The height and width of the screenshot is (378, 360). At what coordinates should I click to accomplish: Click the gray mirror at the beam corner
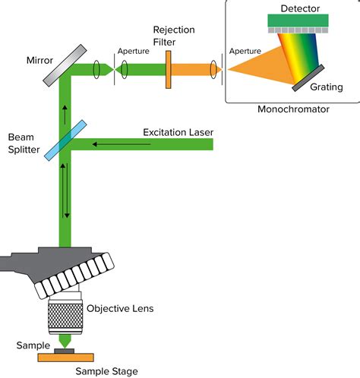(65, 65)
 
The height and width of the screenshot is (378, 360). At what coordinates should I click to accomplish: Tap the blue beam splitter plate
(65, 140)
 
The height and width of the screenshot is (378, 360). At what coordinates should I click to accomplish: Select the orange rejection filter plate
(169, 70)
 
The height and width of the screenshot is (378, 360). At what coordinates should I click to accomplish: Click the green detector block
(298, 20)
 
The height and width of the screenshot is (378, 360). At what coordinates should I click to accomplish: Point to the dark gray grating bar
(308, 78)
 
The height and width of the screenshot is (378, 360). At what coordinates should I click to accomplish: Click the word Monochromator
(293, 109)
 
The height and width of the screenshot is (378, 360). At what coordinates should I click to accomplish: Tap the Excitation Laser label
(178, 132)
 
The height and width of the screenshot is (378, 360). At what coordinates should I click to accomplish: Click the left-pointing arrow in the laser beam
(122, 144)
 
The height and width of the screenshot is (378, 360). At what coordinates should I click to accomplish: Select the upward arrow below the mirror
(65, 115)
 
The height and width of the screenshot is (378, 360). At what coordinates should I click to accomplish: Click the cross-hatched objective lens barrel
(65, 315)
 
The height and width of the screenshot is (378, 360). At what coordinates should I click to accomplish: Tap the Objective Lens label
(120, 309)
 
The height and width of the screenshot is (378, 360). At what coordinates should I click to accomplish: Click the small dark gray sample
(65, 351)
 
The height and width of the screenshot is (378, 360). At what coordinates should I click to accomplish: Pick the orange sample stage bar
(66, 358)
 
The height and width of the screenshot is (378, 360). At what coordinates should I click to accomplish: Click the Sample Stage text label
(106, 371)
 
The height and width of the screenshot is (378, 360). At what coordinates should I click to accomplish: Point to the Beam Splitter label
(24, 143)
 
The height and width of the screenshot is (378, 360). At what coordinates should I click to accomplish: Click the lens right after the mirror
(96, 69)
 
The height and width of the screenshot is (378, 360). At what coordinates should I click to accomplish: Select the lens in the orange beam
(213, 69)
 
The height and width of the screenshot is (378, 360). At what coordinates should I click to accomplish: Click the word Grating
(327, 87)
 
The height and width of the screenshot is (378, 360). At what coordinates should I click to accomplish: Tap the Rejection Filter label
(174, 36)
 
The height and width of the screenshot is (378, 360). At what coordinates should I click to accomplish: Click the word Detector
(300, 8)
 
